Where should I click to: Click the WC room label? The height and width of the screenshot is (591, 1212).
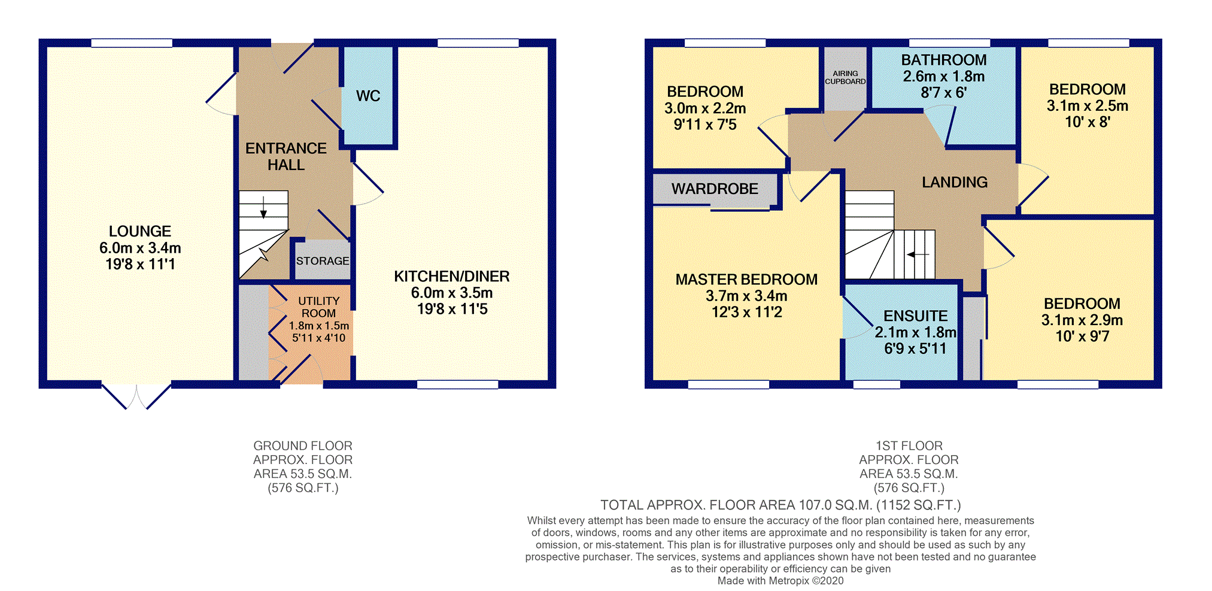coord(368,96)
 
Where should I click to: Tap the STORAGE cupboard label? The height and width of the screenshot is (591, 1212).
coord(323,261)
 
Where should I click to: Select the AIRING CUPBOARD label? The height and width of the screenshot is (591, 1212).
coord(845,77)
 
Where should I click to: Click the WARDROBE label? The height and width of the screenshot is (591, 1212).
coord(715,189)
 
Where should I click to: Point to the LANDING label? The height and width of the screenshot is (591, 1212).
coord(955,182)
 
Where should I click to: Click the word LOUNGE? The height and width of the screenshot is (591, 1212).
coord(140,231)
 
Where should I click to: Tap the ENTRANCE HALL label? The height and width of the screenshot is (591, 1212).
coord(286,156)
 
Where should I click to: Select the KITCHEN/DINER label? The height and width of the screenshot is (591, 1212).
coord(452,276)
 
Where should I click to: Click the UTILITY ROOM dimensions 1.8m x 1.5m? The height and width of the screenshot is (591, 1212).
coord(319,326)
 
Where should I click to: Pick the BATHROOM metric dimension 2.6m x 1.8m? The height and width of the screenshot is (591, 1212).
coord(944,77)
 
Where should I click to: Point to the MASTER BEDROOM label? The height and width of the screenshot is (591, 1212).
coord(746,280)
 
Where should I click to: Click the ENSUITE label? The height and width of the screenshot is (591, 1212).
coord(916,316)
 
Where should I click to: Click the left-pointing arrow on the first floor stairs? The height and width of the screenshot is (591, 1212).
coord(918,254)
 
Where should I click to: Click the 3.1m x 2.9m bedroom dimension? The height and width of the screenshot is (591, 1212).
coord(1082,320)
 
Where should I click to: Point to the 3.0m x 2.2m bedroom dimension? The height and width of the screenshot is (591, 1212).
coord(705,108)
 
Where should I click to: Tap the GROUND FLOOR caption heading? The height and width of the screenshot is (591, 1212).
coord(303,446)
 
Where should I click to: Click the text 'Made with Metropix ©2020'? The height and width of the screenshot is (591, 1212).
coord(780,581)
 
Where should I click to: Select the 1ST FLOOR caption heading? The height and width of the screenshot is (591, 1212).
coord(909,446)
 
